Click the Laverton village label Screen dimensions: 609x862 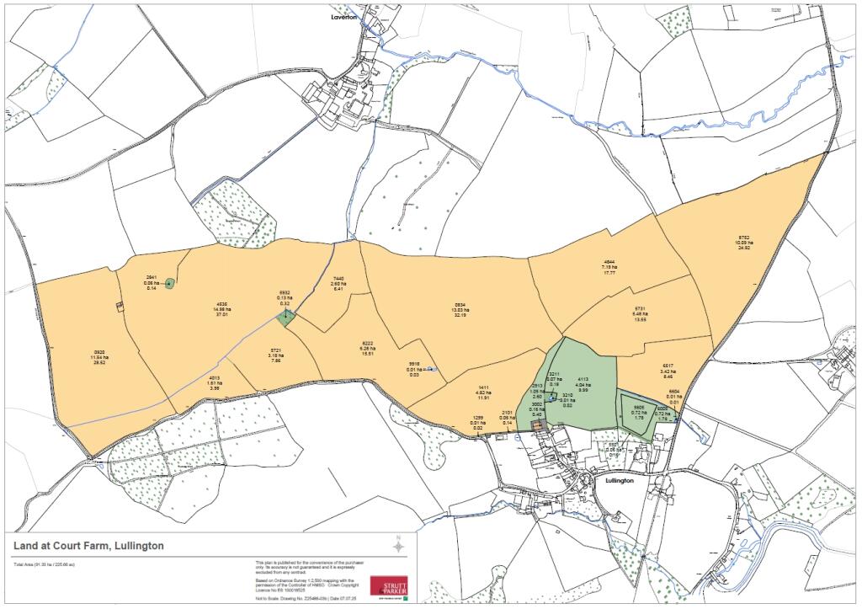click(344, 15)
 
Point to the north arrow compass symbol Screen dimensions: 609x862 click(398, 547)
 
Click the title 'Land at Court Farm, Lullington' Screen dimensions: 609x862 click(88, 547)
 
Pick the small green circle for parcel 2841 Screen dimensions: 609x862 click(169, 283)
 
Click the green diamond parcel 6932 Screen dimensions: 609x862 click(286, 318)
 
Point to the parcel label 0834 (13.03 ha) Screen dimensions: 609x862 click(460, 308)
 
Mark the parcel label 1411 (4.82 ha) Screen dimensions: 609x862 click(482, 392)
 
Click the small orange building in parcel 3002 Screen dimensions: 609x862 click(537, 427)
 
